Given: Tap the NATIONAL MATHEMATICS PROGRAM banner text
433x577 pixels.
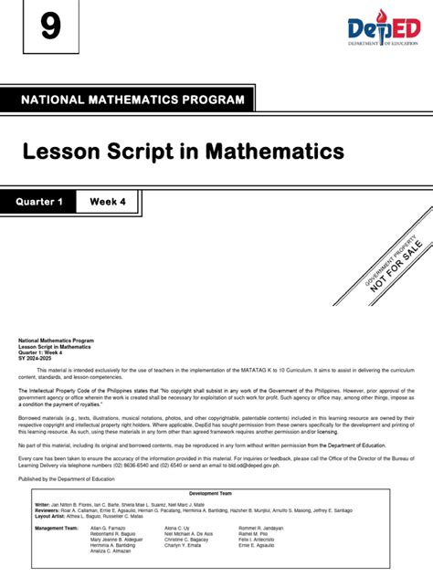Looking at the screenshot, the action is tap(132, 100).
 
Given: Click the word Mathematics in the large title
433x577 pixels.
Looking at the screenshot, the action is tap(277, 150).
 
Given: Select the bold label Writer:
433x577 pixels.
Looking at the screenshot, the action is tap(43, 503).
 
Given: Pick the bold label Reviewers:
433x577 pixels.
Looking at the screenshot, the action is tap(48, 509).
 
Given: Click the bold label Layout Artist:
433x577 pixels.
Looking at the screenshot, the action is tap(51, 516).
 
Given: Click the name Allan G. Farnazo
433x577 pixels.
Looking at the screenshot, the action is tap(107, 528).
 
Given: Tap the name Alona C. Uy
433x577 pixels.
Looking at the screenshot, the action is tap(177, 528).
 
